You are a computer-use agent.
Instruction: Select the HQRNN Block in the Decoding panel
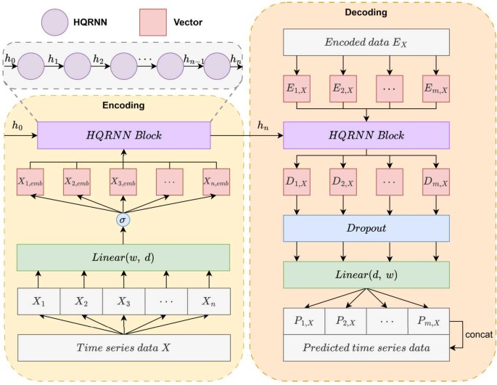[x=366, y=137]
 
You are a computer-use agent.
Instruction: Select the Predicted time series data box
[x=366, y=347]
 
